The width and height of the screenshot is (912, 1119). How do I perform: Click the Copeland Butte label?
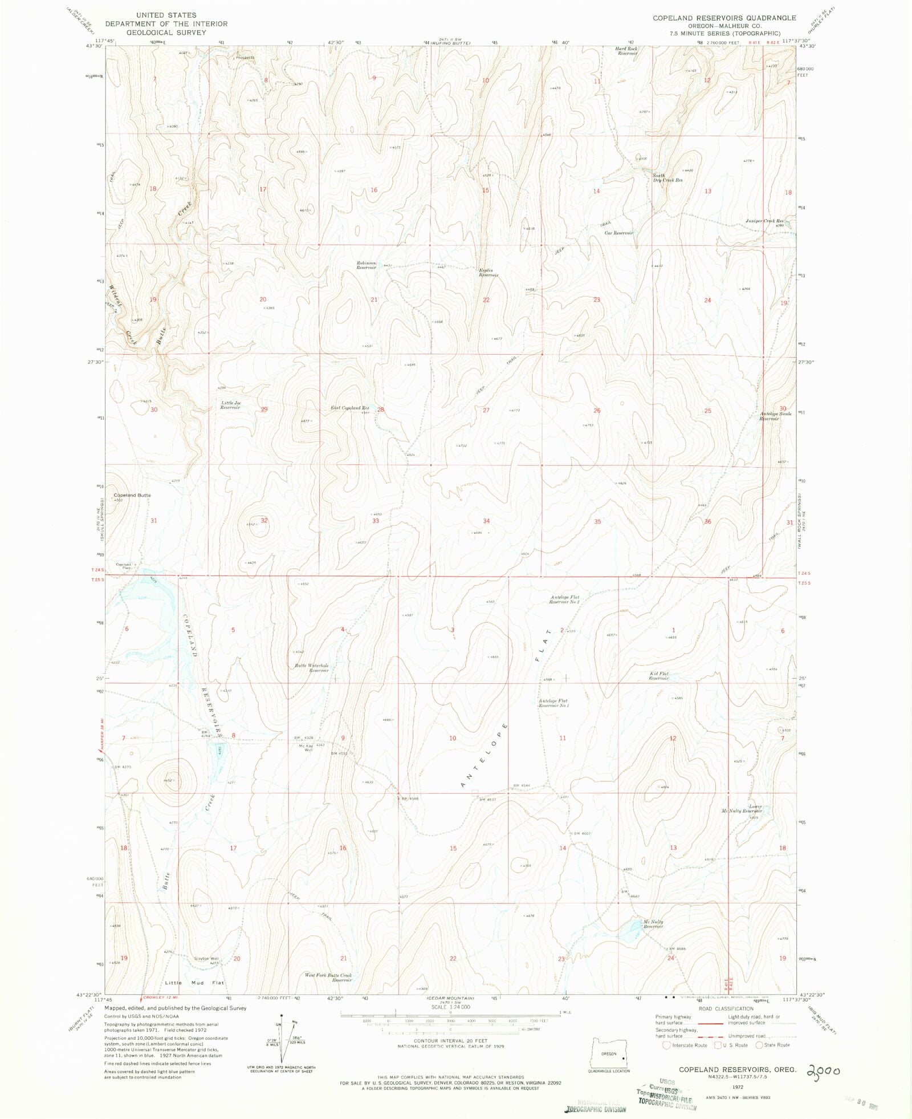point(132,495)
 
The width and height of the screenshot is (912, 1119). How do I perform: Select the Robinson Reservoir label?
point(367,265)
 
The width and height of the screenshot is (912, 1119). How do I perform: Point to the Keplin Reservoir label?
point(488,273)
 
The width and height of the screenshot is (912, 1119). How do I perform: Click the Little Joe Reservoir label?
point(231,405)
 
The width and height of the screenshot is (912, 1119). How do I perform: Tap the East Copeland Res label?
point(350,408)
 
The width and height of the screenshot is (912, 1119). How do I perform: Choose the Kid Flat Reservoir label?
point(659,676)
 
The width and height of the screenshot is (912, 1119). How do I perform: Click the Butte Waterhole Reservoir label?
point(312,668)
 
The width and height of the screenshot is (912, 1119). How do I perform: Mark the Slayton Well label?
point(206,959)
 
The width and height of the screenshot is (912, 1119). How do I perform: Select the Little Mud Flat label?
point(194,983)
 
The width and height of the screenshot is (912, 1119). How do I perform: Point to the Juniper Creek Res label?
point(764,221)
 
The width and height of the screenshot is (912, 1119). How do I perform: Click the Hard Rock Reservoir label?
point(626,51)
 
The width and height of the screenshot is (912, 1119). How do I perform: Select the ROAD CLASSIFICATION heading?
point(726,1008)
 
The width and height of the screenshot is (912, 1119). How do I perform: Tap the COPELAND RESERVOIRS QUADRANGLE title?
point(724,18)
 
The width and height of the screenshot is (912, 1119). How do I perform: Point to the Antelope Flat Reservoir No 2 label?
point(564,599)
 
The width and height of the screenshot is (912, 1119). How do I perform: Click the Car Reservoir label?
point(619,233)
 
